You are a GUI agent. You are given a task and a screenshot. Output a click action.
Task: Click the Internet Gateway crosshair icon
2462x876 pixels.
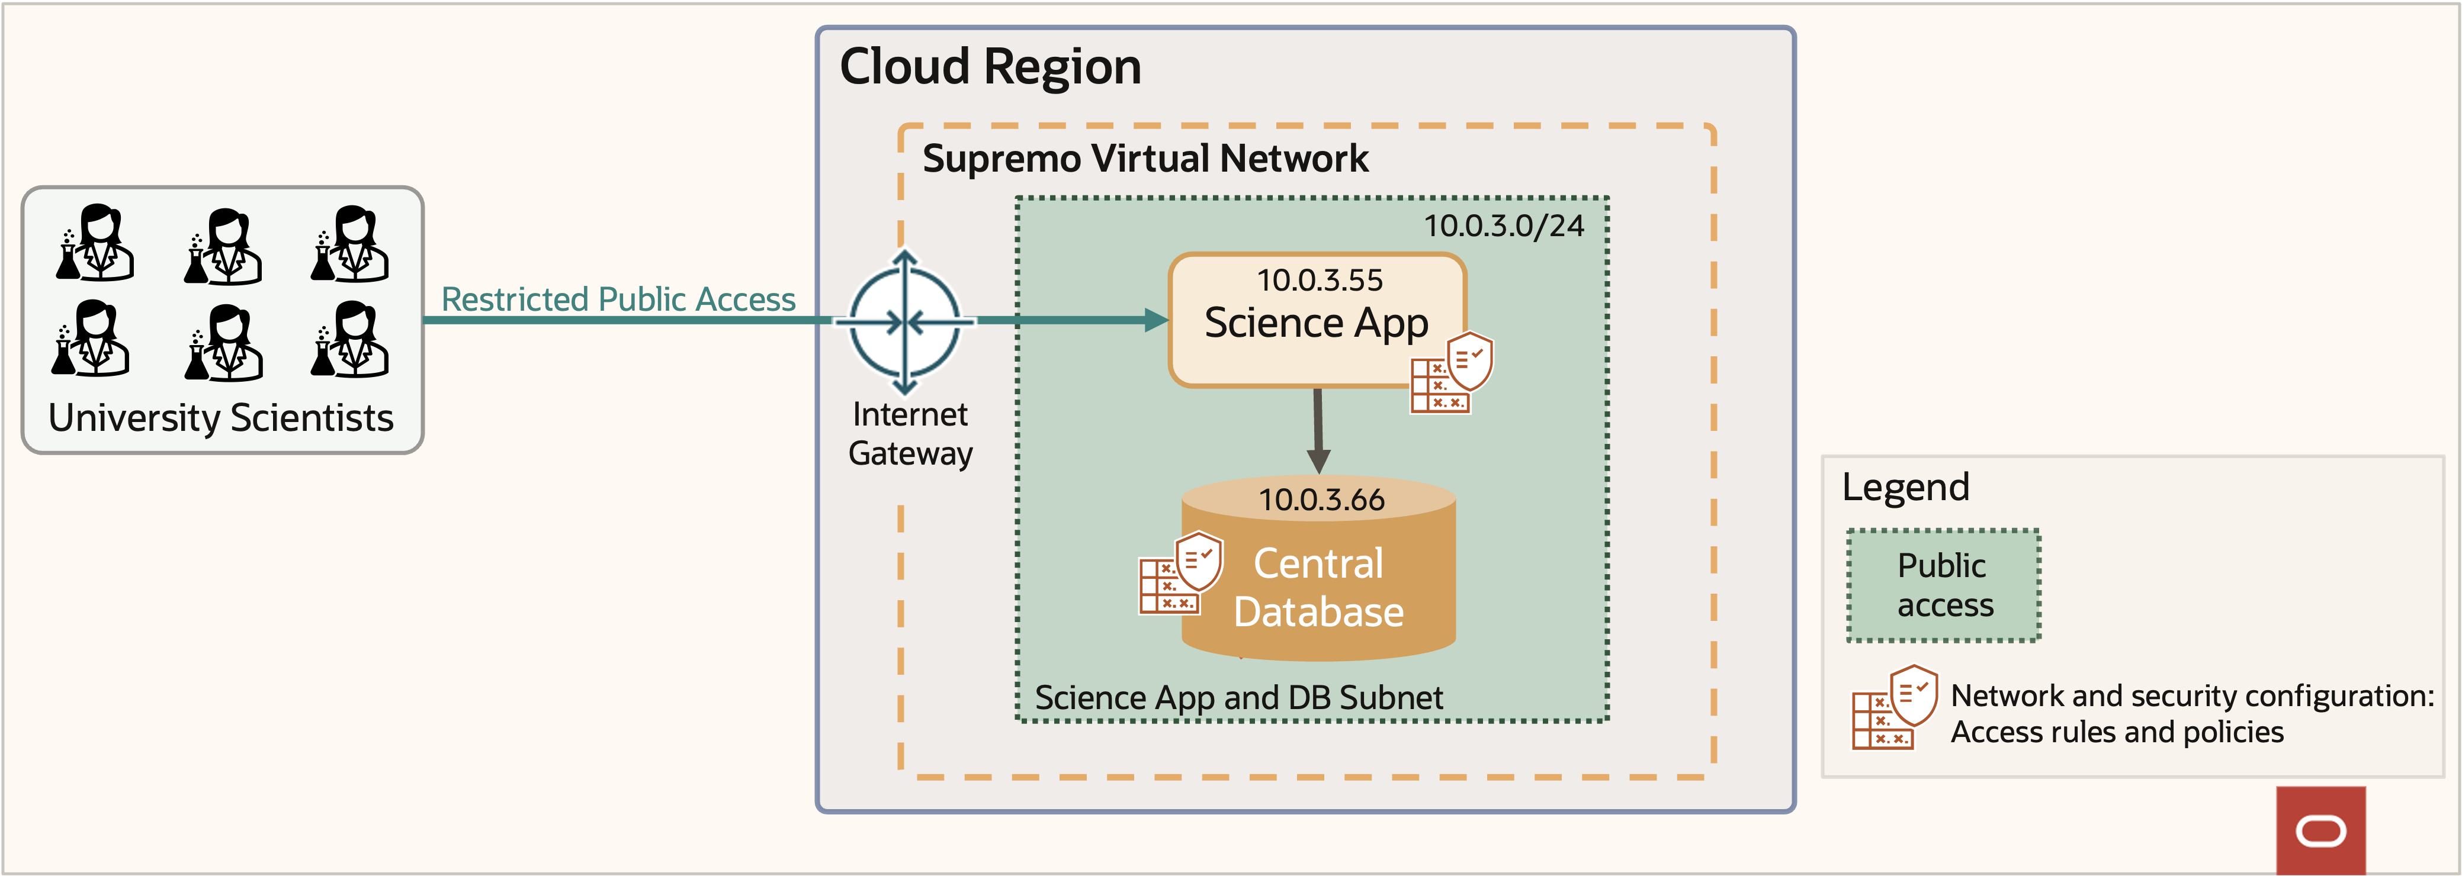coord(905,322)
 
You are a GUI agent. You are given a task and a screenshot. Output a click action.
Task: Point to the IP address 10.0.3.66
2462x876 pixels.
coord(1321,500)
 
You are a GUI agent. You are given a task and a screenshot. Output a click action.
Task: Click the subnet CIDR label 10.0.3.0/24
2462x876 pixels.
coord(1503,227)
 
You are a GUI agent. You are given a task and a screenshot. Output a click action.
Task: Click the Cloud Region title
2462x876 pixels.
coord(990,67)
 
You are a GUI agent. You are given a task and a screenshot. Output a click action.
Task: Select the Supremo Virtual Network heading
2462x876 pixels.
coord(1145,159)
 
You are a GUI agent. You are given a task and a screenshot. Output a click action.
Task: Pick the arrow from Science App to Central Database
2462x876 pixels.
coord(1318,430)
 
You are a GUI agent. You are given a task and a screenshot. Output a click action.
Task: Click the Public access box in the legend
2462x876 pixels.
coord(1944,585)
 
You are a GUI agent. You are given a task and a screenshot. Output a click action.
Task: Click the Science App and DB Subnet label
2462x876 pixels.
coord(1238,697)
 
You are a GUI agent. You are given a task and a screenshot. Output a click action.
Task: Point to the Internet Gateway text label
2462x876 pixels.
coord(910,434)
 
